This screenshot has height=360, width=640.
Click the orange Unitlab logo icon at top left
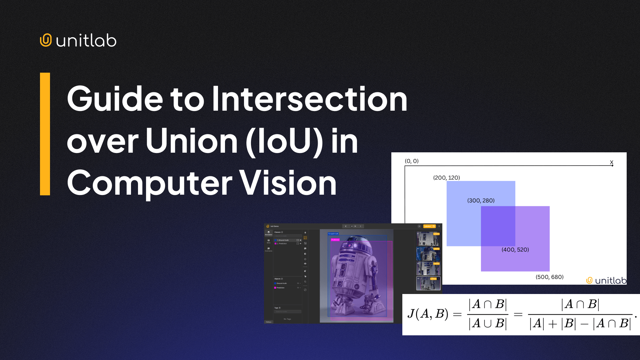46,40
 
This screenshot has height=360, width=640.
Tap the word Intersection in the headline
309,99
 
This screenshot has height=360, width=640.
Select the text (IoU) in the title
284,141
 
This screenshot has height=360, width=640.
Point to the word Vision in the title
288,183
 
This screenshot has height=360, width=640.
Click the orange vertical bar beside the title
45,134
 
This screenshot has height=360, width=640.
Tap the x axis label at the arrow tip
611,162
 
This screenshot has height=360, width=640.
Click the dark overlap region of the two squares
498,226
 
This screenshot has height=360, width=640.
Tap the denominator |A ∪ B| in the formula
487,323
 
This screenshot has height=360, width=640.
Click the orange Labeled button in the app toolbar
429,226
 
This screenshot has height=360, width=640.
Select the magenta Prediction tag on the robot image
335,240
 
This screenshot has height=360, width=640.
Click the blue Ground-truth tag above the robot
333,234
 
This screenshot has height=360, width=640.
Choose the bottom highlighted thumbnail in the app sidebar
428,283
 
